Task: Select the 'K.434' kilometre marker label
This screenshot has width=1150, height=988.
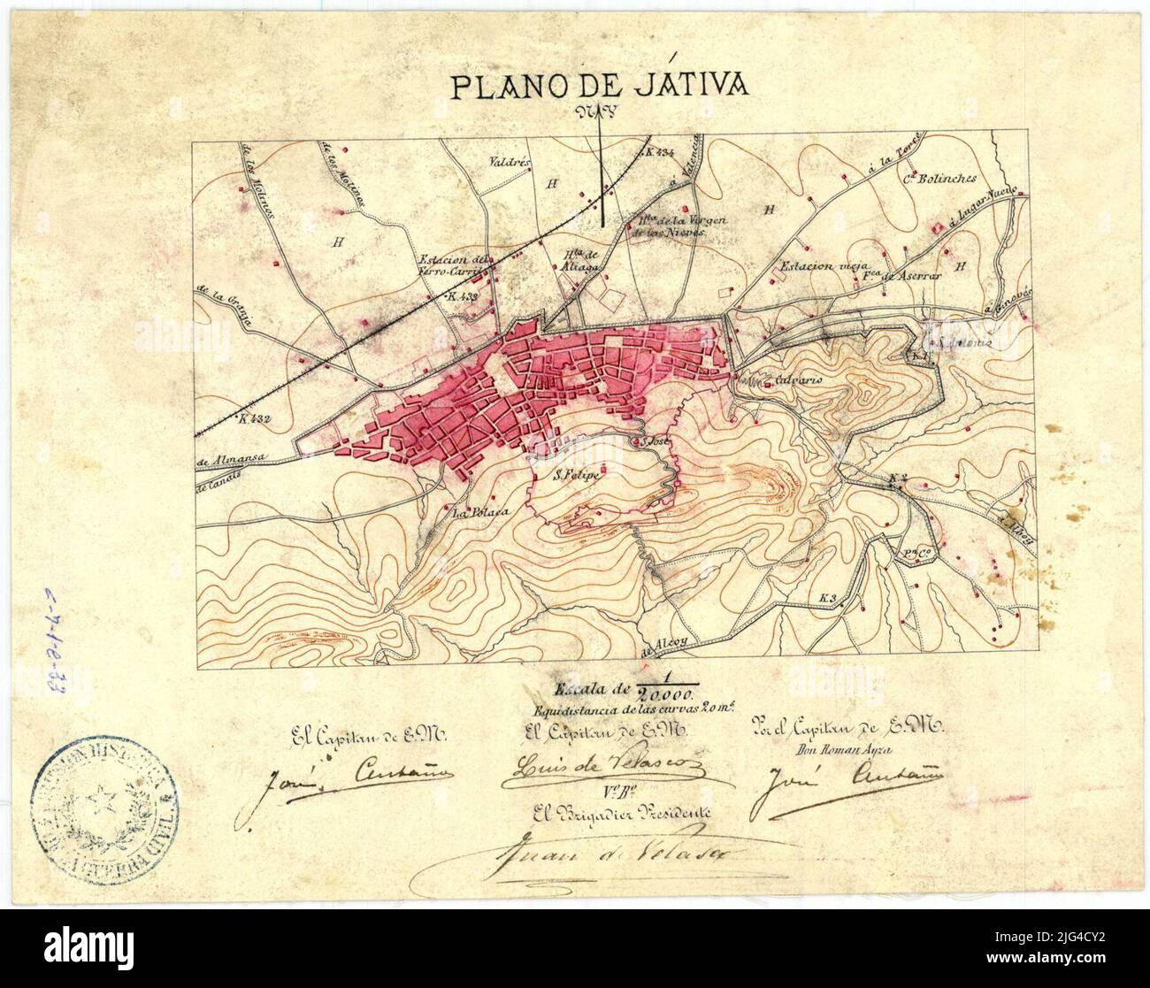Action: tap(661, 152)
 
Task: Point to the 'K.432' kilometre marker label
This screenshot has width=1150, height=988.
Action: tap(253, 419)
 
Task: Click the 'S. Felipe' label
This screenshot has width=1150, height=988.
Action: tap(577, 476)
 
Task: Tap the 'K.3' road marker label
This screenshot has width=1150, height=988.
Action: tap(827, 599)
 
